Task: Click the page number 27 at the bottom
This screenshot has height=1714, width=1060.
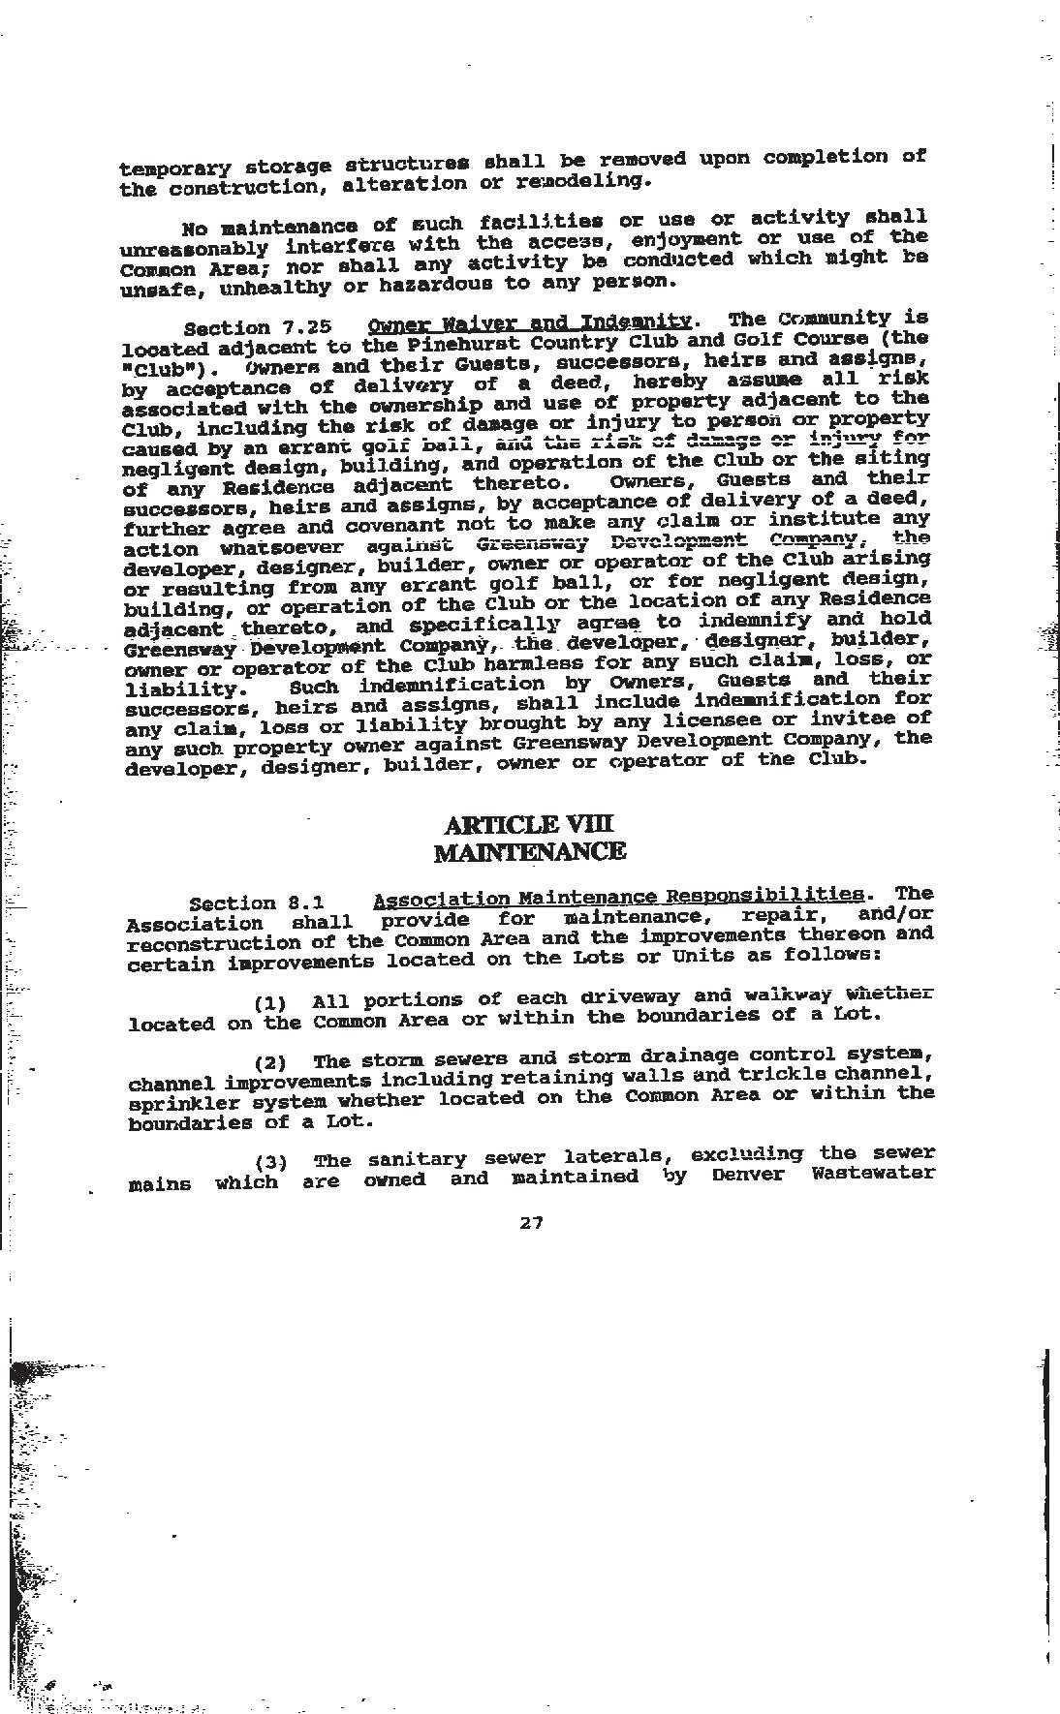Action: [x=531, y=1223]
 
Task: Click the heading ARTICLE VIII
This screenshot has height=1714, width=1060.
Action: [x=529, y=825]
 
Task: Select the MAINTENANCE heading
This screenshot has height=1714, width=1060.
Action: [x=529, y=852]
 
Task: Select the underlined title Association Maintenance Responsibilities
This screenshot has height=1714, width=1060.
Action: [x=617, y=897]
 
